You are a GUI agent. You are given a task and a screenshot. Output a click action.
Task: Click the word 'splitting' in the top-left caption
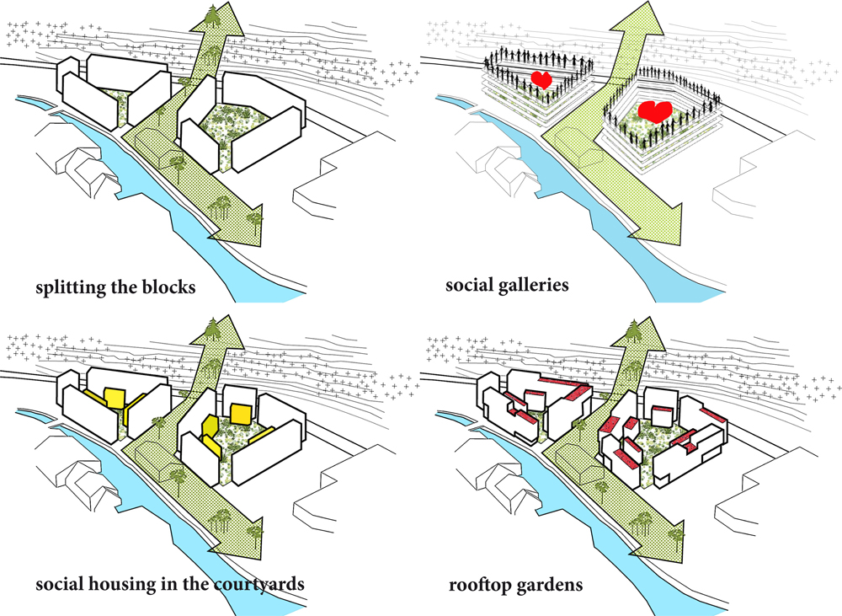click(70, 288)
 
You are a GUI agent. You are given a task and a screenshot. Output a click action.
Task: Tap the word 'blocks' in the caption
click(168, 287)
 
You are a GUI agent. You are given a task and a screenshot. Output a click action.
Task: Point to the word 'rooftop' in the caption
click(477, 584)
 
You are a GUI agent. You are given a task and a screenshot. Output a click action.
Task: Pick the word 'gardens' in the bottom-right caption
click(546, 584)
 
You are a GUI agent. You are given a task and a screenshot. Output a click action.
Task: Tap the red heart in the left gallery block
click(542, 81)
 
